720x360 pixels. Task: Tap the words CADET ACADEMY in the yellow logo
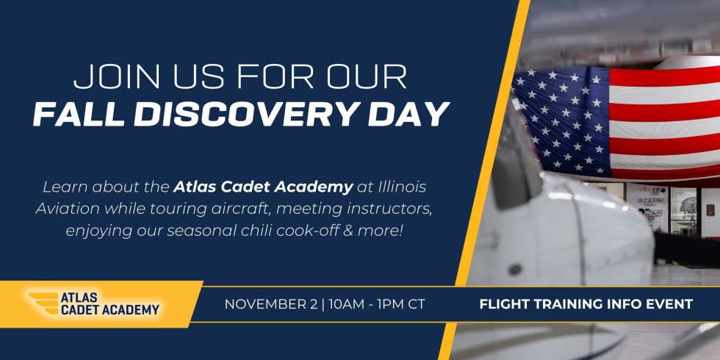(109, 310)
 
